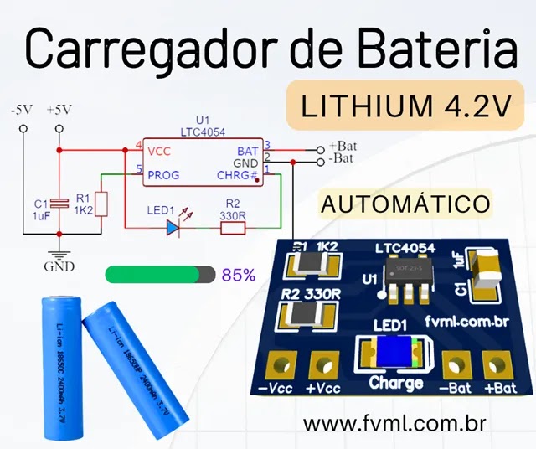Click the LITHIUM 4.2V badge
[405, 106]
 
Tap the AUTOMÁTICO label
[405, 204]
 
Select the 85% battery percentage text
[239, 275]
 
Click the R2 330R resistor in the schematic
[232, 226]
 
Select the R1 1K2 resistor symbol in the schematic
[100, 204]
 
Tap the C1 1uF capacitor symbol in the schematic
[59, 204]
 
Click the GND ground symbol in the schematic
[59, 257]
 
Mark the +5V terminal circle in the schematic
[59, 129]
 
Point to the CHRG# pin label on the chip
[239, 176]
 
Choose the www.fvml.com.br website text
[396, 423]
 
